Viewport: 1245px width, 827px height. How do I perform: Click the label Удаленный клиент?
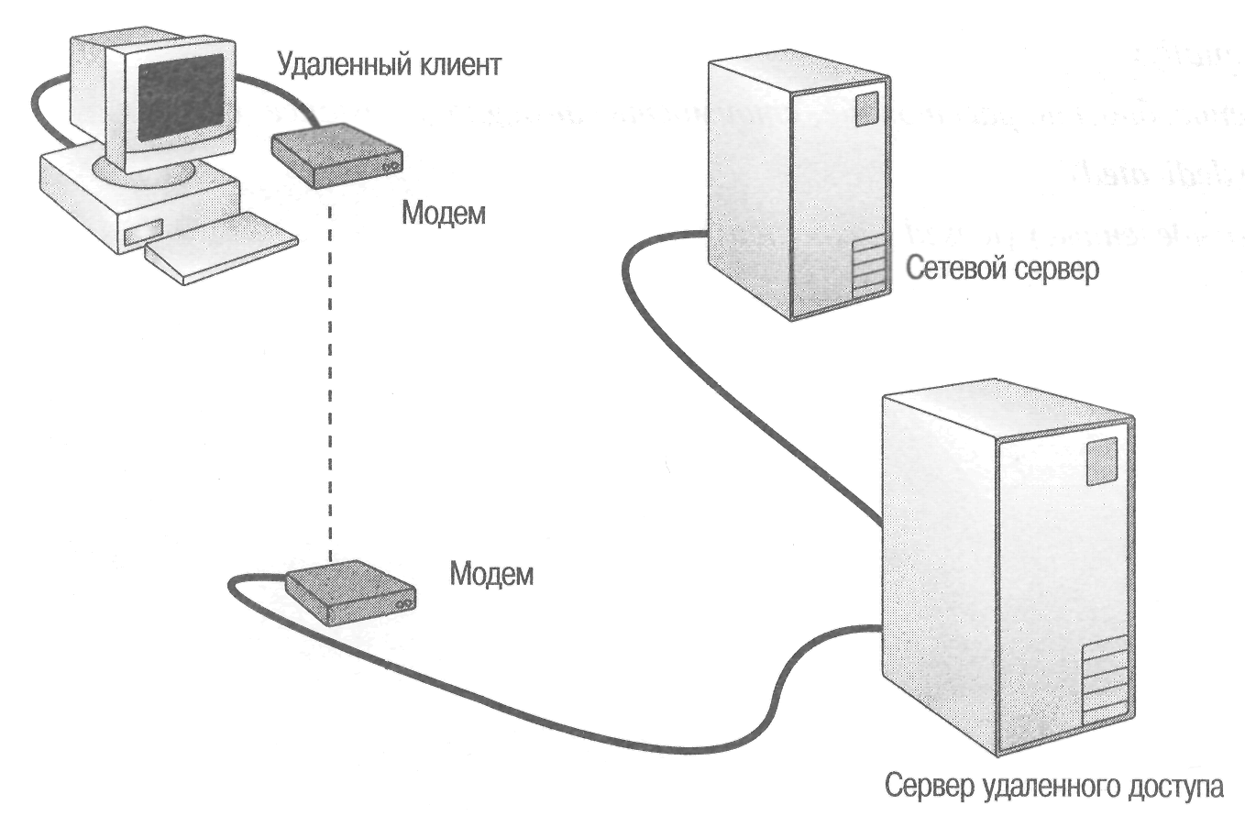point(389,65)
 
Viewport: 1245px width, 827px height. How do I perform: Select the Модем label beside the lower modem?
point(490,575)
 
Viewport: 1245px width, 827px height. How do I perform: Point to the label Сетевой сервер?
point(1001,270)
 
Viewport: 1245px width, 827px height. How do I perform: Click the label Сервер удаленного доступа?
point(1053,787)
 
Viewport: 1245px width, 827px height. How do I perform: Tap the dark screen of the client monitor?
point(180,96)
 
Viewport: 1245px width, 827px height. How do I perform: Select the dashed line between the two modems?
point(332,385)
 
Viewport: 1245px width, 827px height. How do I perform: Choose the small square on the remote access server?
point(1101,461)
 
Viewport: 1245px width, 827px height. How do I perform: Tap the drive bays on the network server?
point(869,268)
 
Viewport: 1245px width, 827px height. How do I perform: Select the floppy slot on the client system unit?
point(143,232)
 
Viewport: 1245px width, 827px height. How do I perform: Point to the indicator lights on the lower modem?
point(402,607)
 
